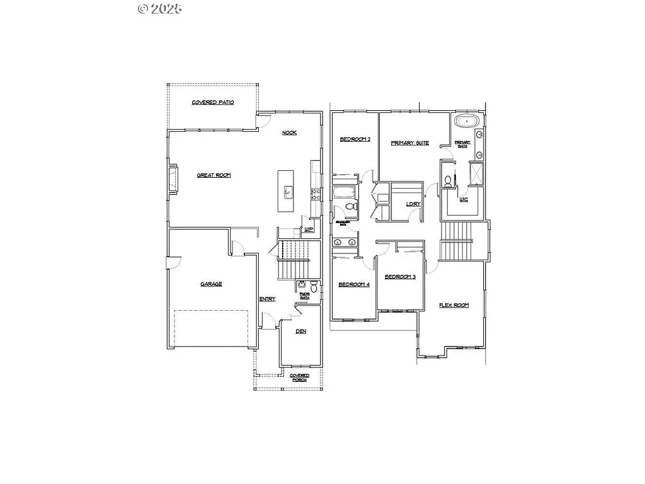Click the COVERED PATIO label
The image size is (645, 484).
(x=213, y=102)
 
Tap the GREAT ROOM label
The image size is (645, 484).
(x=214, y=175)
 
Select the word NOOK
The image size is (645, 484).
(x=289, y=132)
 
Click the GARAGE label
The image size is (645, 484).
(x=211, y=284)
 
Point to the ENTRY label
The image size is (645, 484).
(x=267, y=299)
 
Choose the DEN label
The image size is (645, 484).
(x=301, y=331)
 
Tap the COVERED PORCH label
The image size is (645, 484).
(x=300, y=378)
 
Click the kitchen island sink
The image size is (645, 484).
(x=288, y=192)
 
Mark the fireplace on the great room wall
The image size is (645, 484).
(x=171, y=178)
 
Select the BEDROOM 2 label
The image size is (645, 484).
(x=355, y=139)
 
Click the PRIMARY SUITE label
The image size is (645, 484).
(x=409, y=143)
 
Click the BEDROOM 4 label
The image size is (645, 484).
(x=354, y=285)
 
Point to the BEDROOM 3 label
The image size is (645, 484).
(x=400, y=277)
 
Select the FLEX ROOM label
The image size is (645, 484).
(x=454, y=305)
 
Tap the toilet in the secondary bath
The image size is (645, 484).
(x=351, y=206)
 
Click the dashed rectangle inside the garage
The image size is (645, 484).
(x=210, y=328)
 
